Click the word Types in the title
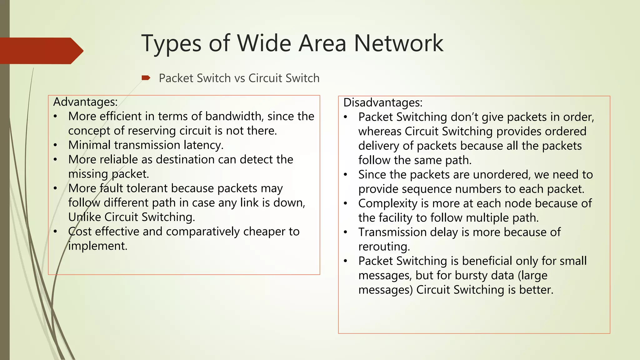tap(171, 44)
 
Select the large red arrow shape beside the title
tap(41, 51)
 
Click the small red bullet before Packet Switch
tap(146, 78)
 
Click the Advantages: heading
tap(85, 102)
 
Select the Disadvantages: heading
tap(383, 102)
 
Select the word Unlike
tap(85, 217)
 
